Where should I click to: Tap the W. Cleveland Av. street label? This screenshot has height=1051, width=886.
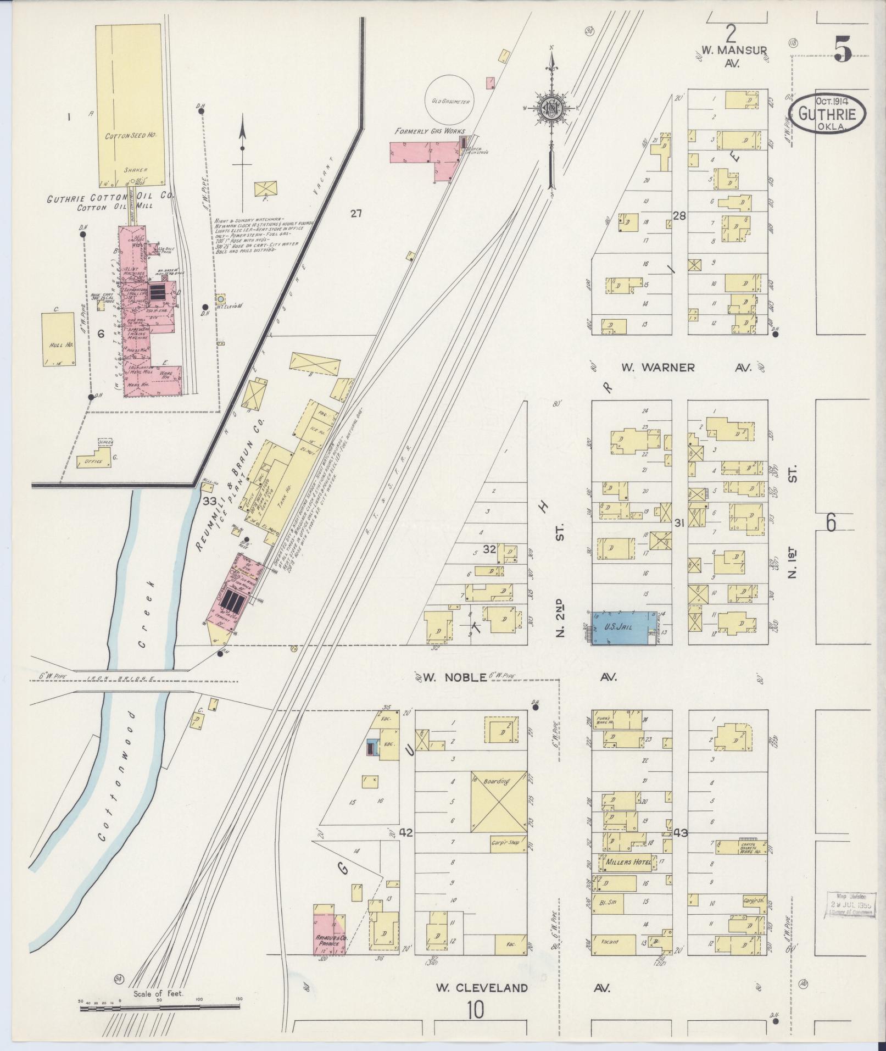point(482,988)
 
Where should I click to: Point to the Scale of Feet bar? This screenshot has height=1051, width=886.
point(159,1008)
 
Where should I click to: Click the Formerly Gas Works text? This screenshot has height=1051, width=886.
point(429,131)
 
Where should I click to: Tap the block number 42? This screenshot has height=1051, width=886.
point(406,848)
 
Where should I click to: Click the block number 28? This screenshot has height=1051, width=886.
point(679,216)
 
